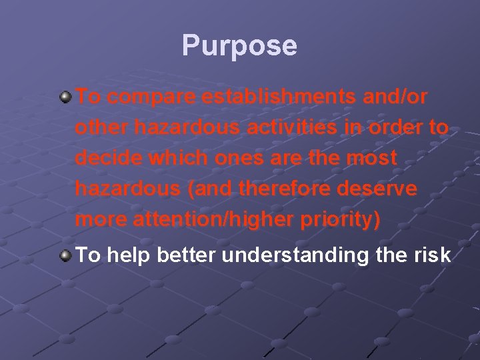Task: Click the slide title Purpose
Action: point(239,46)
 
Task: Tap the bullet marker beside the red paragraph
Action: point(65,97)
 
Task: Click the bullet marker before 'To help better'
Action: point(65,255)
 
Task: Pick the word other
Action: point(96,128)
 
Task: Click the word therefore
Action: point(296,189)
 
